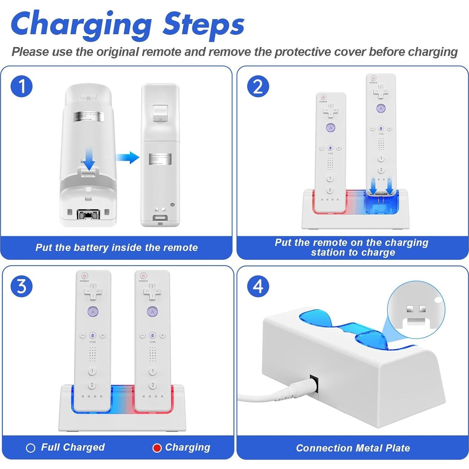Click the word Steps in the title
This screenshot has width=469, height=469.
pyautogui.click(x=203, y=24)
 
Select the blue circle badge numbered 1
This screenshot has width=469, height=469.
pyautogui.click(x=21, y=86)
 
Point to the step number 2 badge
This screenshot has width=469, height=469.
pyautogui.click(x=258, y=86)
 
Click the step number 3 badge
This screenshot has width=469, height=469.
pyautogui.click(x=21, y=286)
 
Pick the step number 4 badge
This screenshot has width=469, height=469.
pyautogui.click(x=258, y=286)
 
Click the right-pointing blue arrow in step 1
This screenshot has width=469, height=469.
pyautogui.click(x=128, y=157)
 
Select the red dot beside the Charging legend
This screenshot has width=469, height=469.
pyautogui.click(x=157, y=448)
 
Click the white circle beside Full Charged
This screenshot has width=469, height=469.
pyautogui.click(x=30, y=448)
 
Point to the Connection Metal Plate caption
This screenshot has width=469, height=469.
pyautogui.click(x=353, y=448)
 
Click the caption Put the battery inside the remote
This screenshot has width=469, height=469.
pyautogui.click(x=116, y=248)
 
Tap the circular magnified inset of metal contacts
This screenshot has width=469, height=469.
pyautogui.click(x=416, y=309)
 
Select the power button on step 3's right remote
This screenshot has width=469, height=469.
pyautogui.click(x=143, y=276)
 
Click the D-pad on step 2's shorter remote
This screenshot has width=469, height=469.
pyautogui.click(x=331, y=111)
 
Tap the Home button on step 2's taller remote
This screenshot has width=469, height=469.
pyautogui.click(x=381, y=129)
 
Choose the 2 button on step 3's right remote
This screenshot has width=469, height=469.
pyautogui.click(x=152, y=385)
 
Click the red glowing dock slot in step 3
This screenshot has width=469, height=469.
pyautogui.click(x=152, y=405)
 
